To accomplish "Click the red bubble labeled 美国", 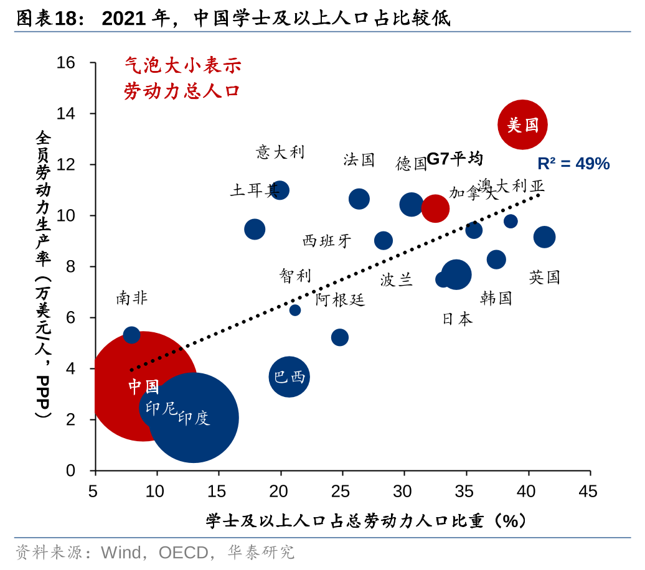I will tap(522, 124).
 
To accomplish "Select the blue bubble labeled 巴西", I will tap(290, 376).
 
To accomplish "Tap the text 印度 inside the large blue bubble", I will tap(194, 418).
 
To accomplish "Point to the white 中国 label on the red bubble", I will tap(144, 387).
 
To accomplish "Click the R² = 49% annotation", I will tap(573, 164).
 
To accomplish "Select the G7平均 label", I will tap(455, 159).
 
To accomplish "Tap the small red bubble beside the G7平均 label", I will tap(435, 208).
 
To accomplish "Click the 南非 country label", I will tap(132, 298).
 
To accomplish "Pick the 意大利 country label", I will tap(281, 151).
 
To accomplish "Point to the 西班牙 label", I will tap(327, 241).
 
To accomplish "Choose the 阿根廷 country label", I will tap(340, 299).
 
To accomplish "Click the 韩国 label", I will tap(496, 298).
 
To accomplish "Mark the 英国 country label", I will tap(545, 277).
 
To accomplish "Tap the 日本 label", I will tap(458, 319).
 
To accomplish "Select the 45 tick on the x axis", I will tap(588, 492).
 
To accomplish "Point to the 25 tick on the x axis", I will tap(341, 492).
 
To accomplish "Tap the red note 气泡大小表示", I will tap(182, 65).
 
